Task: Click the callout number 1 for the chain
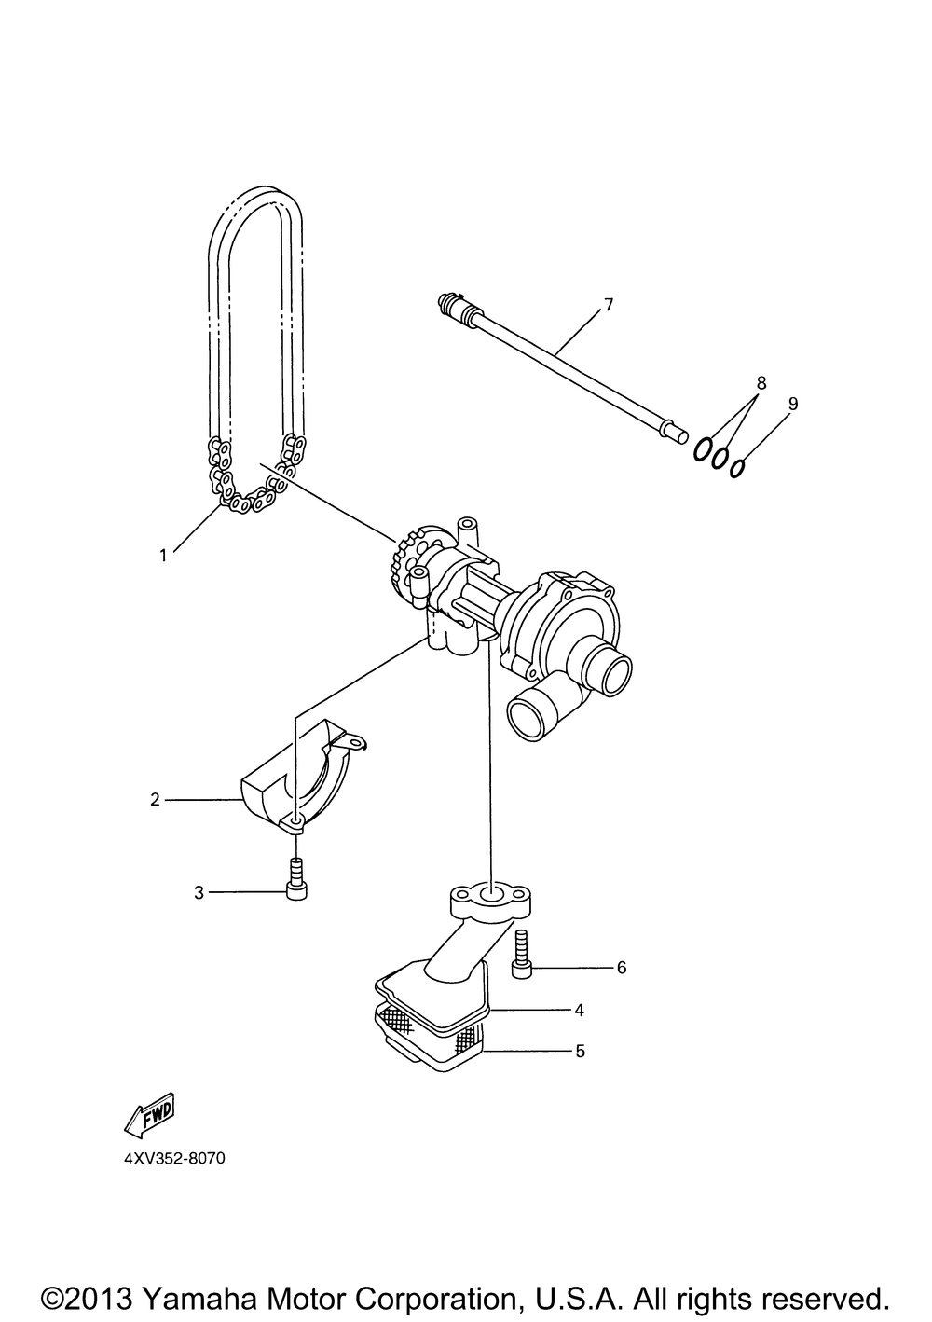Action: click(x=163, y=556)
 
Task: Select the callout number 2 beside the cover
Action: click(x=155, y=799)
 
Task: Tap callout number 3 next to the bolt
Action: click(x=199, y=893)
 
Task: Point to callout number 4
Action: click(x=579, y=1010)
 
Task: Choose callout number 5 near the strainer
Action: click(x=580, y=1051)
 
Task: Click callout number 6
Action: click(x=622, y=968)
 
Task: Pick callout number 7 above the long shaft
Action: click(x=609, y=305)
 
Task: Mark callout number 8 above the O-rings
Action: click(x=761, y=382)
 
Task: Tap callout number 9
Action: click(x=793, y=404)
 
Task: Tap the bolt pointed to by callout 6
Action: click(x=521, y=957)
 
